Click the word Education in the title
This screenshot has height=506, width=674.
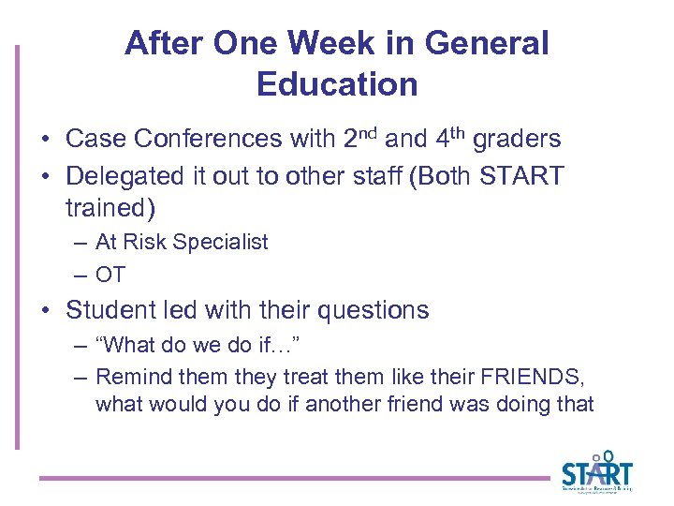point(337,84)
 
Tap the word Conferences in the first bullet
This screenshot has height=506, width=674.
point(208,140)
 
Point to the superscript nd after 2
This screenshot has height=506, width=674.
point(369,132)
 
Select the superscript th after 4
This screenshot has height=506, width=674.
point(457,132)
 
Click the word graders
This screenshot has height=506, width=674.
point(517,140)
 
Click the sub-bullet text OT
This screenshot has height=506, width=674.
point(110,275)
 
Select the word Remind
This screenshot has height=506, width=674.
point(128,378)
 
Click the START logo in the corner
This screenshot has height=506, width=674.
point(596,473)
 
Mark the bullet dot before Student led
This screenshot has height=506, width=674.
point(45,310)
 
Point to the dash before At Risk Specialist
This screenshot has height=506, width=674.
point(81,242)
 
